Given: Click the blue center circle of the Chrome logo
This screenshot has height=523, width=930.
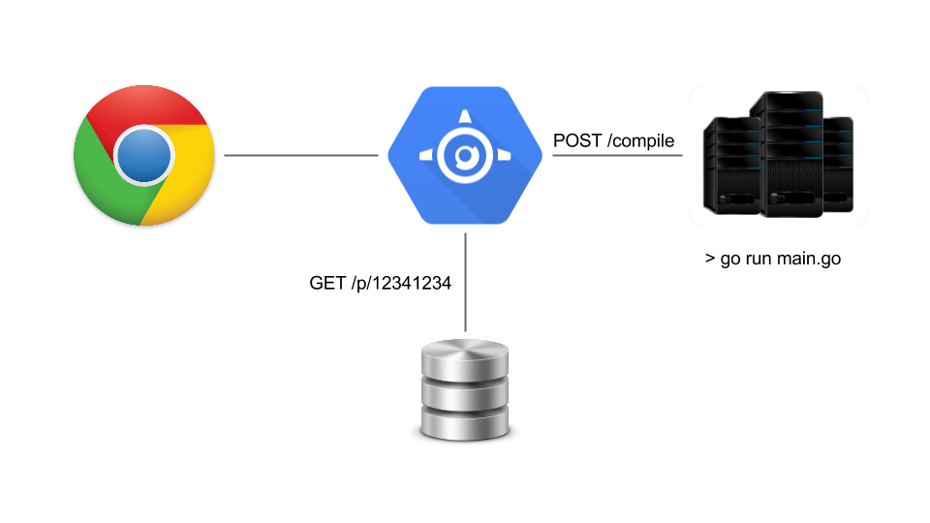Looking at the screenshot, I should tap(143, 155).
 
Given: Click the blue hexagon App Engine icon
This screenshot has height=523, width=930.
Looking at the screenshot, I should tap(463, 155).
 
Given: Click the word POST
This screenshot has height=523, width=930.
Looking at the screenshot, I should tap(576, 141).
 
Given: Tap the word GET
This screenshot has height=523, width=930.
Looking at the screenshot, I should tap(327, 284).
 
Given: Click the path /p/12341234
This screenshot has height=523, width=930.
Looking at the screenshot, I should tap(402, 284).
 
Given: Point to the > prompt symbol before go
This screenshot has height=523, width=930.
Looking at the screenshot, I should tap(710, 260).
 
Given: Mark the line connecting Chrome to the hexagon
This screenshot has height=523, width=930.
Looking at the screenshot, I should tap(300, 155).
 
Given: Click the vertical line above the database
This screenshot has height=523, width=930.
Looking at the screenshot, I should tap(466, 281).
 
